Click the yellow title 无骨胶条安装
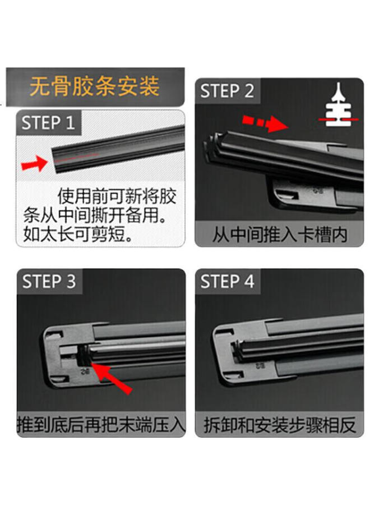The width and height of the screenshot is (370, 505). pos(94,87)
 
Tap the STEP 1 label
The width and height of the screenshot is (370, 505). pos(48,123)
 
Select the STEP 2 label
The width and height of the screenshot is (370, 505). pos(227,91)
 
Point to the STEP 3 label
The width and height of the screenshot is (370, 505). pos(49,282)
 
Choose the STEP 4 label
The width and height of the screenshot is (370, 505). pos(227,282)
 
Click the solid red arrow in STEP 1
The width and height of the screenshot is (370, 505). pos(34,164)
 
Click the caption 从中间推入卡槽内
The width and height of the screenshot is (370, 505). pos(279,235)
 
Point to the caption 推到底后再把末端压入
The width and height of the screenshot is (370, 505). pos(101,425)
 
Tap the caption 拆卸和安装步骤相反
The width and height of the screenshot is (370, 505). pos(279,425)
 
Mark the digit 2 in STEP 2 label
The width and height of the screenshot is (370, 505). pos(248,91)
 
